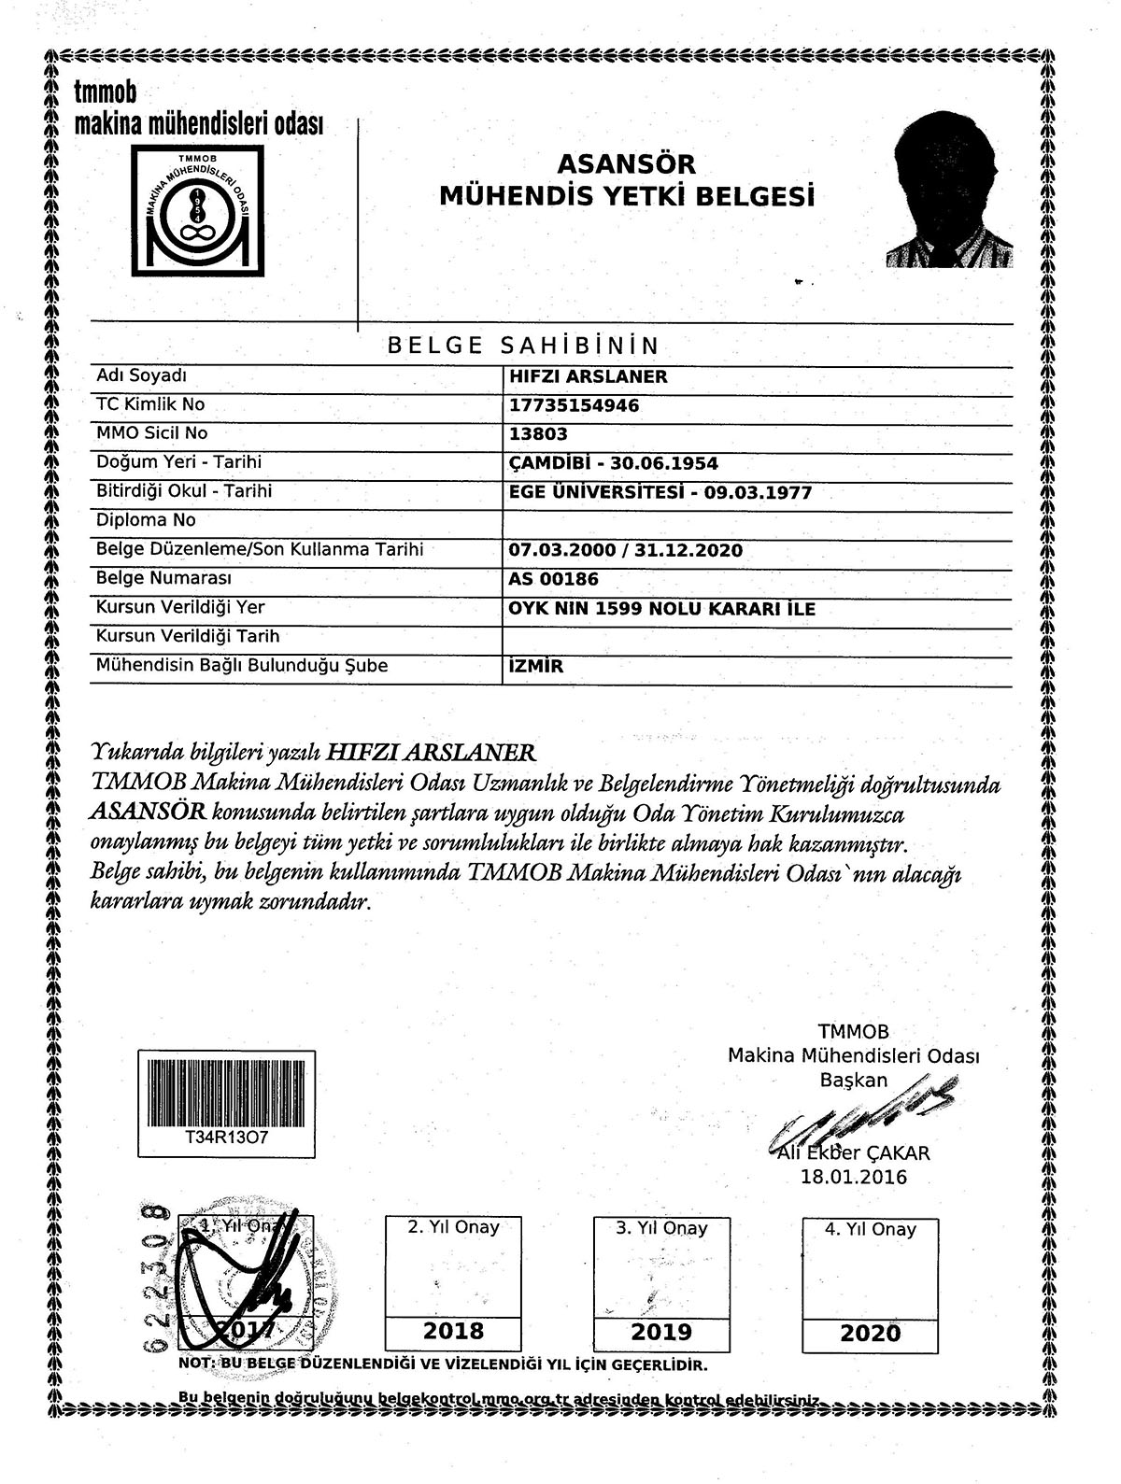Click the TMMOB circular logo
(x=196, y=210)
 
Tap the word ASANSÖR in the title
(x=626, y=164)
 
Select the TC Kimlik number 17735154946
(x=575, y=405)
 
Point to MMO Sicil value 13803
(x=538, y=434)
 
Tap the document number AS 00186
(x=553, y=580)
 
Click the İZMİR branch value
(x=536, y=667)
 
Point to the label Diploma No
(x=146, y=520)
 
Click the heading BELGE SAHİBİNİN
(x=523, y=346)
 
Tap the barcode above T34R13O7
(x=227, y=1090)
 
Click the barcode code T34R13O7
(x=227, y=1139)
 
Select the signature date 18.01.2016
(x=853, y=1177)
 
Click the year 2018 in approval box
(x=454, y=1331)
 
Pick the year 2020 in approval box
(x=870, y=1333)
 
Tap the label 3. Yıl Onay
(x=661, y=1229)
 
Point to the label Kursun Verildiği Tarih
(x=188, y=637)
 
